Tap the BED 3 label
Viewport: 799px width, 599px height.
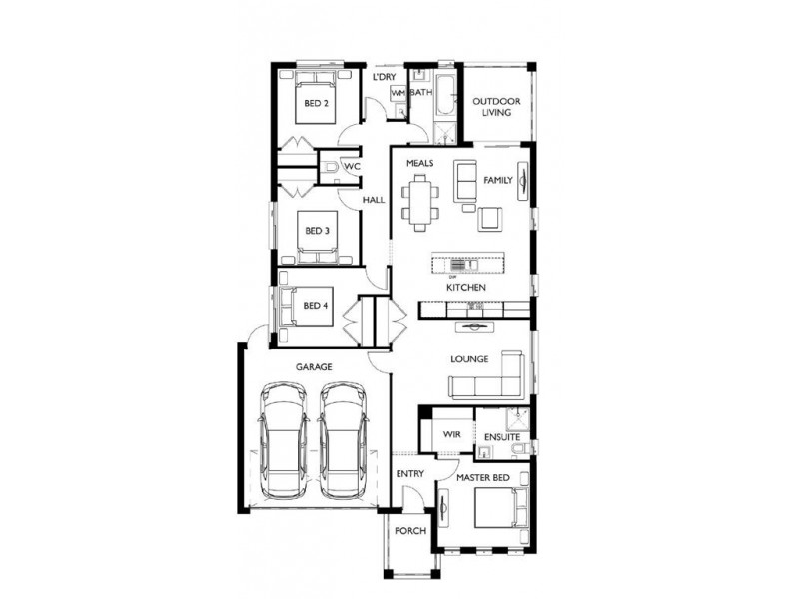317,231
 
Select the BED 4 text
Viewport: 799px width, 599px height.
315,305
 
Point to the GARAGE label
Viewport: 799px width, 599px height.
313,367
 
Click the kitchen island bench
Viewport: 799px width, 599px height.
466,265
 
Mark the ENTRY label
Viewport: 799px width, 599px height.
409,473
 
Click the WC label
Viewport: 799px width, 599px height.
352,167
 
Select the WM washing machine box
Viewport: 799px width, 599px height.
398,92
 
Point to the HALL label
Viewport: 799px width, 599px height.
374,200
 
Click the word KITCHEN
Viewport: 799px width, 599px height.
466,288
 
